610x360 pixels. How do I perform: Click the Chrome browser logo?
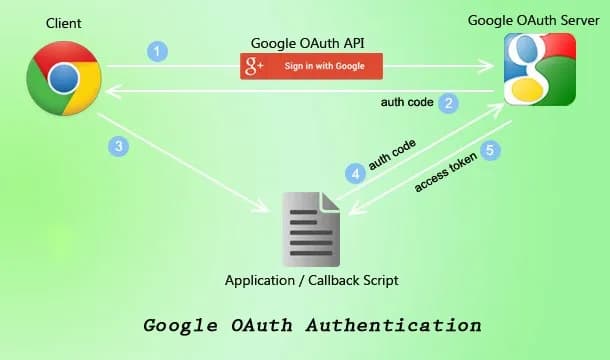click(65, 77)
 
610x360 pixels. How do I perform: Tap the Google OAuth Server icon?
click(540, 69)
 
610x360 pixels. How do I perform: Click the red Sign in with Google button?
click(311, 67)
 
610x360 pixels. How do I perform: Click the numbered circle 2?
click(449, 102)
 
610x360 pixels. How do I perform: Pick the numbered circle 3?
click(119, 146)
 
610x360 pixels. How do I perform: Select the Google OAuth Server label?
click(542, 19)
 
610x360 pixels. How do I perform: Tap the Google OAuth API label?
click(310, 41)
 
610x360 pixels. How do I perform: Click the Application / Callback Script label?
click(312, 281)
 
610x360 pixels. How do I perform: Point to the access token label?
click(443, 174)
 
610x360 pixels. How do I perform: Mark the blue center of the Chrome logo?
click(65, 77)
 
